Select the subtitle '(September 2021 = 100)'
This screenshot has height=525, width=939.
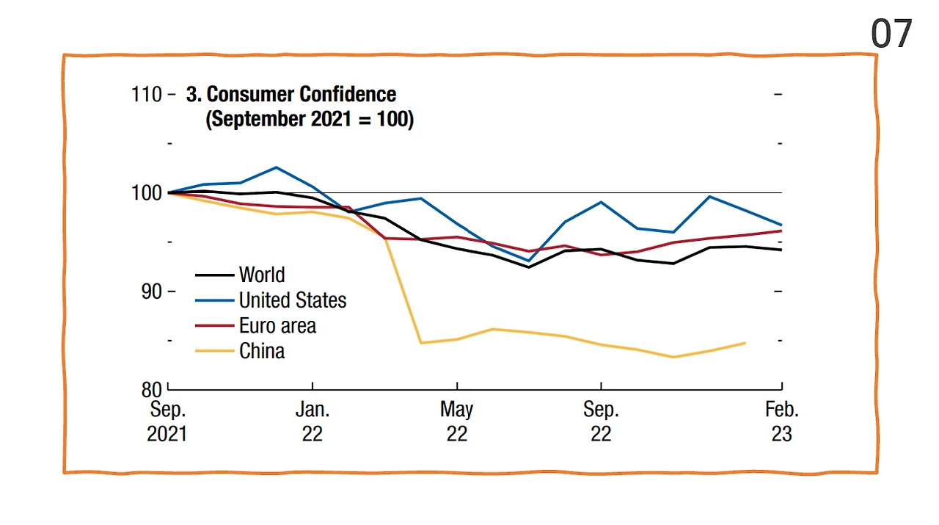[x=310, y=119]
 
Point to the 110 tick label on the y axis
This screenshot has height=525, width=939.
[x=147, y=95]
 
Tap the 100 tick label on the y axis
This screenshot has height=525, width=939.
[x=147, y=193]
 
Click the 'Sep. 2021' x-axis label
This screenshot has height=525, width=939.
[x=167, y=421]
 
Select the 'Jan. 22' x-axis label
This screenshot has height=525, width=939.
[x=313, y=421]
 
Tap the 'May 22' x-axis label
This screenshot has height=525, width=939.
[x=456, y=421]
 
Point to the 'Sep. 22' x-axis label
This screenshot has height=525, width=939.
[x=601, y=421]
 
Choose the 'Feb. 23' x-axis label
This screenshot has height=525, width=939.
[x=781, y=421]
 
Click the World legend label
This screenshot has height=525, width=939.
[x=262, y=275]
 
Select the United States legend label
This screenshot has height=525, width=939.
[x=293, y=300]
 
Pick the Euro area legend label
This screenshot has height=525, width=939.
[x=277, y=325]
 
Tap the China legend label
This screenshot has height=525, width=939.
[x=262, y=351]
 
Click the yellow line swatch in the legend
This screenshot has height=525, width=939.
[x=214, y=351]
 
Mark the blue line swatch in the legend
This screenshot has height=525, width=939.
[x=214, y=300]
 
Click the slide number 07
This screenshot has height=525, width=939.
[x=891, y=34]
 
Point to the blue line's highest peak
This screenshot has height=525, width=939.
[x=276, y=167]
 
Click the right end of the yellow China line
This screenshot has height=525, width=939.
[x=745, y=343]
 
